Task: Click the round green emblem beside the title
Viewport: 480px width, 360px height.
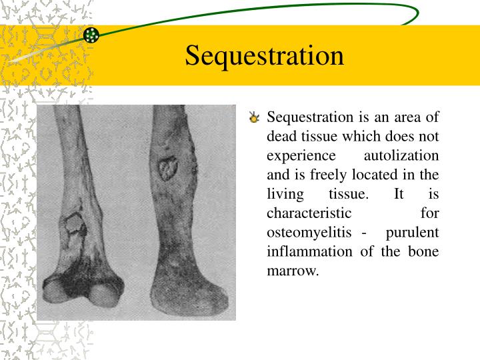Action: (92, 35)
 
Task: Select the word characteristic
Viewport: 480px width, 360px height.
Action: (309, 214)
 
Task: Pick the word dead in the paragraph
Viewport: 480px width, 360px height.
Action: (281, 137)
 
